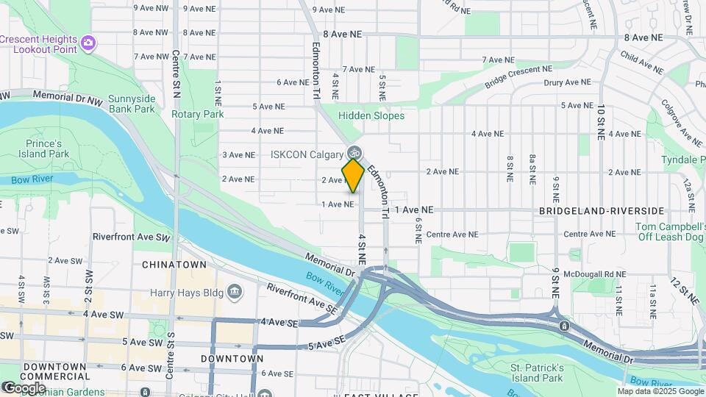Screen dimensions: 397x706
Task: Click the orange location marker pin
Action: point(353,176)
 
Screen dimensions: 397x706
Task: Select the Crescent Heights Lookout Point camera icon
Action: point(88,42)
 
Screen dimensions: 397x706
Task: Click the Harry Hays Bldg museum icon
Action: point(235,291)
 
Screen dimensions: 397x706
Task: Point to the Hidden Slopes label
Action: point(371,115)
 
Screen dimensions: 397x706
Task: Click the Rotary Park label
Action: point(198,114)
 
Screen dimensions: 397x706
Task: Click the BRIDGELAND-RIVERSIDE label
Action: point(602,210)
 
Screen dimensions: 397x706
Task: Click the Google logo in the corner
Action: point(24,387)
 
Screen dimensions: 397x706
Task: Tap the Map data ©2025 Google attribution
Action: point(666,391)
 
